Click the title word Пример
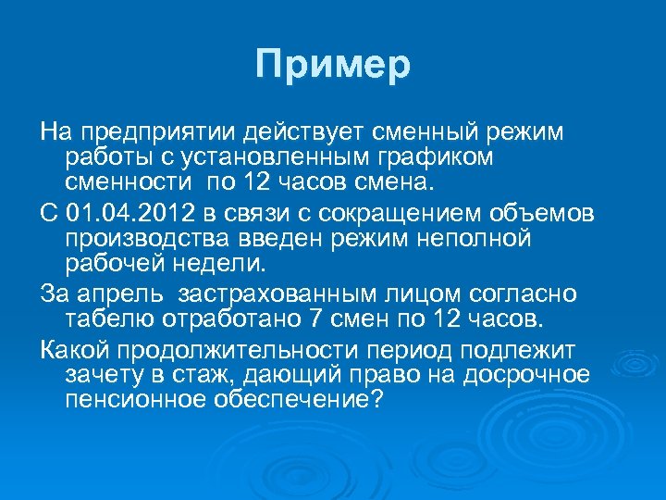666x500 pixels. click(333, 66)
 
